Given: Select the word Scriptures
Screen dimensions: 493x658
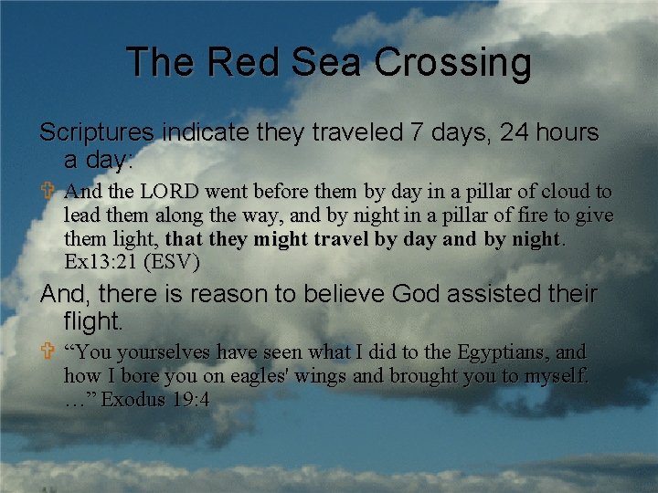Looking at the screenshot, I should pos(97,133).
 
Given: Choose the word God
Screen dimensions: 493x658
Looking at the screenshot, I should pos(416,295).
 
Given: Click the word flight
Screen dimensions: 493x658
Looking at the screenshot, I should pos(93,320).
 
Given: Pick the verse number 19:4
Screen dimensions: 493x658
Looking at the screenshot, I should pos(188,399).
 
